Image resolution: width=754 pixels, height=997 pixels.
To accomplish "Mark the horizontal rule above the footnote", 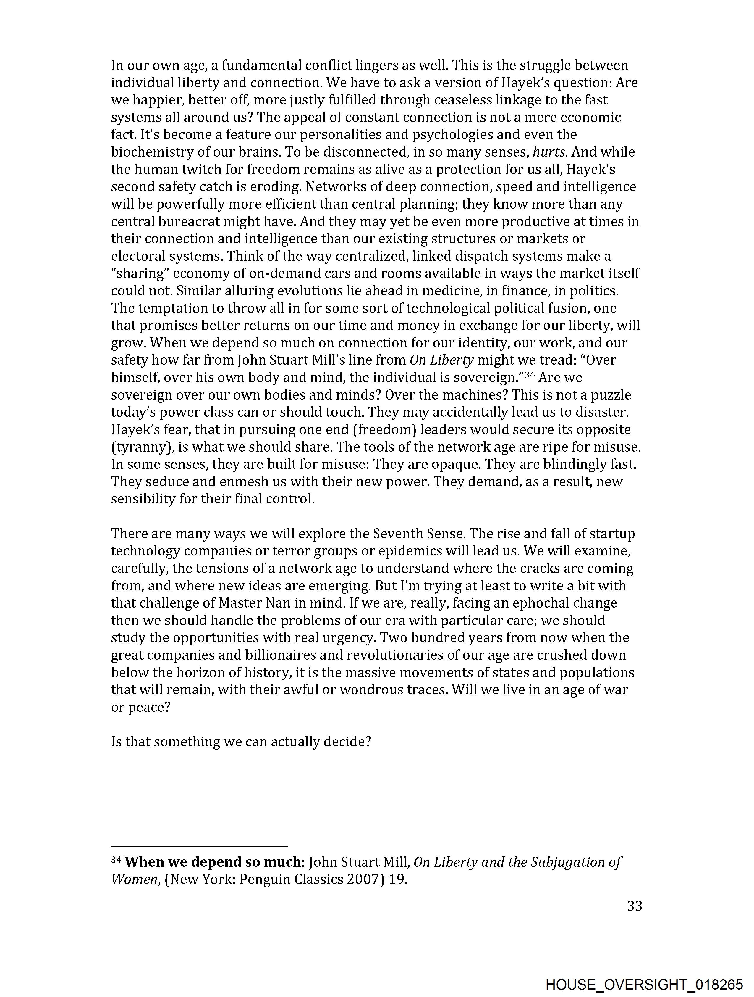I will coord(199,846).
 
